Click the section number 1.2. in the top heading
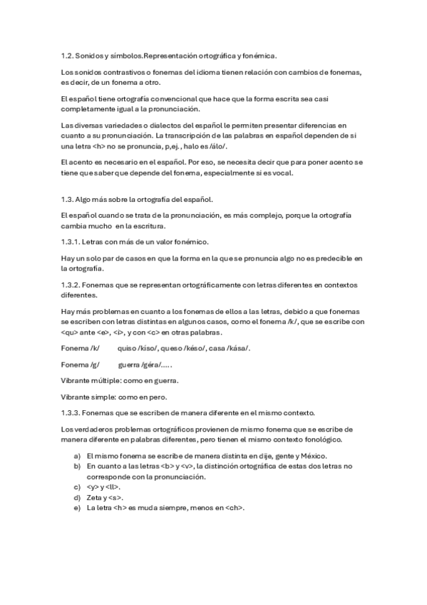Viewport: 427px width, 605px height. pos(68,55)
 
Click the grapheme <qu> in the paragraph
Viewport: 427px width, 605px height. pos(71,332)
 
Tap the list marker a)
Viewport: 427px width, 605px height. pos(77,455)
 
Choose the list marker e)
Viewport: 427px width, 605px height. pos(77,507)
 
